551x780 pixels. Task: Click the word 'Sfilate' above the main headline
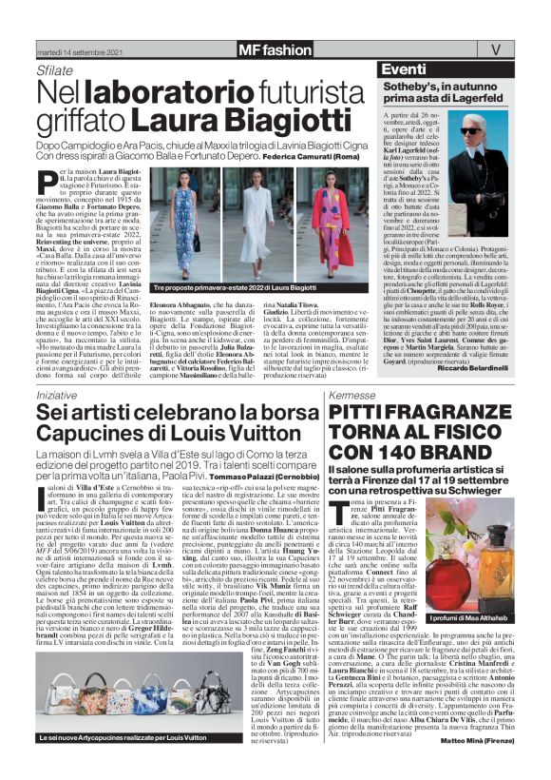pyautogui.click(x=54, y=70)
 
